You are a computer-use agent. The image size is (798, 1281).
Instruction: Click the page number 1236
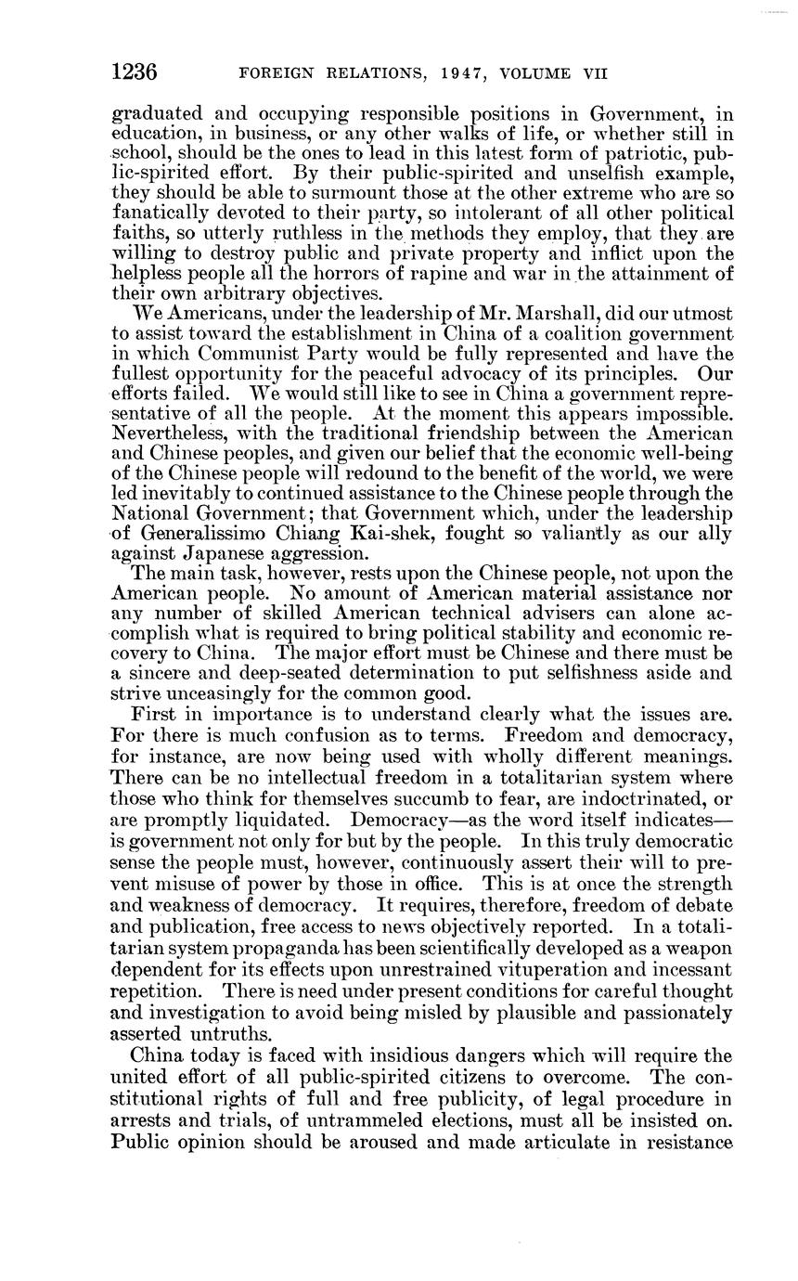[134, 72]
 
